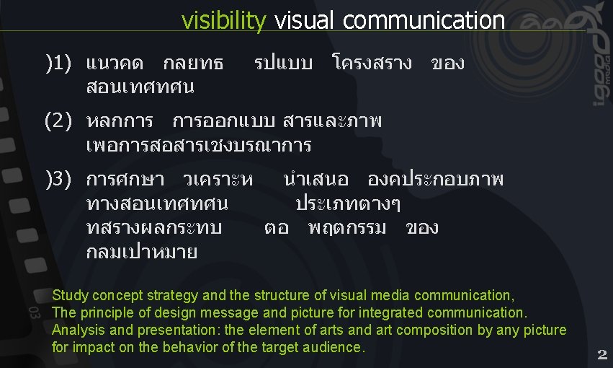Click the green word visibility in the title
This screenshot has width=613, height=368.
click(x=223, y=21)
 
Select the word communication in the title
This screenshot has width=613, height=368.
click(x=424, y=21)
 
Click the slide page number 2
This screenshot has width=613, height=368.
click(x=602, y=354)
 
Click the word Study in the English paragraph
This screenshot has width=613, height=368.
click(x=69, y=295)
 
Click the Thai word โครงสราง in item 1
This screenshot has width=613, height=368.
click(x=372, y=63)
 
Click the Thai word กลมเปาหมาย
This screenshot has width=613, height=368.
click(x=141, y=253)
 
